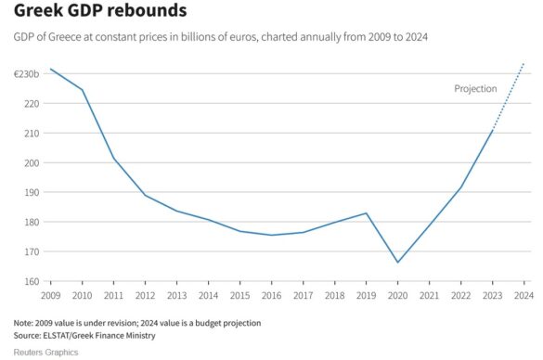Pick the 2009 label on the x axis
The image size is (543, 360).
(x=50, y=295)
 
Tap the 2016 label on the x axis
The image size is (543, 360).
(x=272, y=295)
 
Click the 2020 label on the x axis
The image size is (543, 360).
(x=398, y=295)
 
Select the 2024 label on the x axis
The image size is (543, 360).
(x=524, y=295)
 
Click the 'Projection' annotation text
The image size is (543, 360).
(x=475, y=89)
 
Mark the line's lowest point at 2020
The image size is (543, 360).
(x=398, y=263)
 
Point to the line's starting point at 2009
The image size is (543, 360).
(x=50, y=69)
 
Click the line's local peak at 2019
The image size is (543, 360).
(x=367, y=213)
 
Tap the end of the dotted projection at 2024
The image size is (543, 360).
(x=524, y=63)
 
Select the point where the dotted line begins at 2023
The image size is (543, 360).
(x=493, y=130)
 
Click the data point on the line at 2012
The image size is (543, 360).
(x=146, y=195)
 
